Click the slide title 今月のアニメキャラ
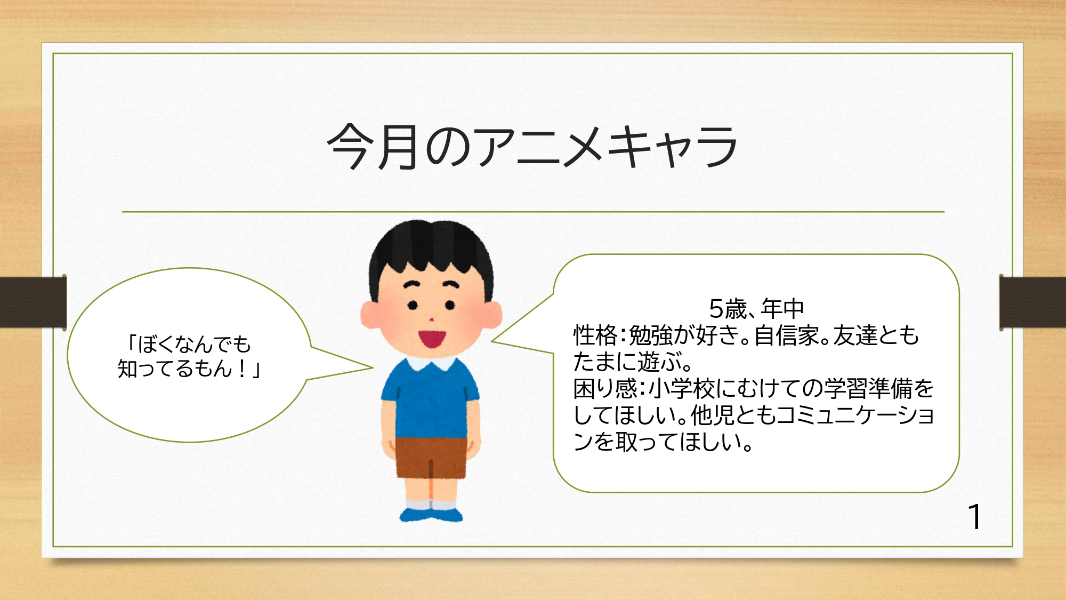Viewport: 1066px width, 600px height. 532,147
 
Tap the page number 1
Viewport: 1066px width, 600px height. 975,517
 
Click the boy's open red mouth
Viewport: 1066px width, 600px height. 432,338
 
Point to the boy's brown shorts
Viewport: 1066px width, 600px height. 431,458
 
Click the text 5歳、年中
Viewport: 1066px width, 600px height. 756,308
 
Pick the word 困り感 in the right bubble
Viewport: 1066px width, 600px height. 605,388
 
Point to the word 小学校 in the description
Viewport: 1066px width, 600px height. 682,388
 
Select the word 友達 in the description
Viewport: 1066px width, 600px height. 855,335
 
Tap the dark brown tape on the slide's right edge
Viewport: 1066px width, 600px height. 1032,302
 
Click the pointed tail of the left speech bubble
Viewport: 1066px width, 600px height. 372,367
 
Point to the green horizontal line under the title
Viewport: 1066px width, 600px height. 533,212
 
